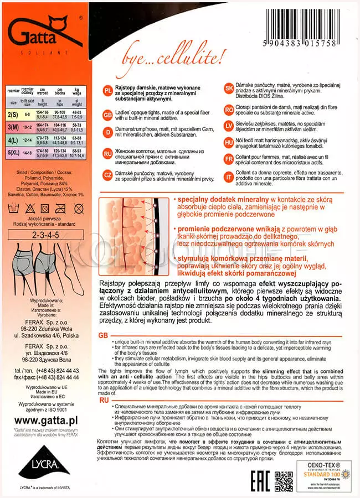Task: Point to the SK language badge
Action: (229, 89)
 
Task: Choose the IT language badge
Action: (229, 177)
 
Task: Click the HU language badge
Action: (229, 142)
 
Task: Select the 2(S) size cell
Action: (12, 115)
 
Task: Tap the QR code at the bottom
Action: (284, 478)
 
